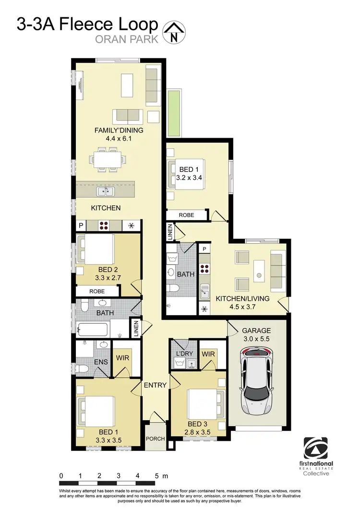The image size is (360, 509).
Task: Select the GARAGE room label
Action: pos(256,331)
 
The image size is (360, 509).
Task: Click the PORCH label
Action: pos(155,438)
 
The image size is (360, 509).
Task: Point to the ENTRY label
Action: pos(155,385)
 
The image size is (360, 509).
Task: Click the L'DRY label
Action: pos(185,354)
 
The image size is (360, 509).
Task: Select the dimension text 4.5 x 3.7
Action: pos(243,307)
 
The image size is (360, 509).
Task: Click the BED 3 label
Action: pos(198,424)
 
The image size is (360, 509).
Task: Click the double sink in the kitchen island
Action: pos(106,192)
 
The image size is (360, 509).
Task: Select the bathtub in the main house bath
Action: pos(93,330)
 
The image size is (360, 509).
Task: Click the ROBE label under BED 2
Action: pos(97,291)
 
